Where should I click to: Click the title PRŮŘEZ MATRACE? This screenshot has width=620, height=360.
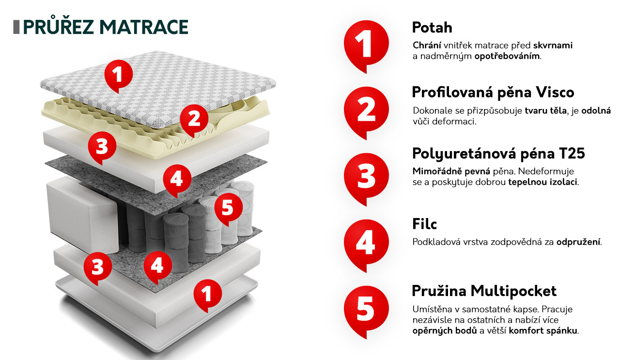pos(106,27)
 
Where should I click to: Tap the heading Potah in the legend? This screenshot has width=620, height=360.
pos(432,28)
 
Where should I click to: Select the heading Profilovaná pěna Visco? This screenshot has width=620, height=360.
pos(493,93)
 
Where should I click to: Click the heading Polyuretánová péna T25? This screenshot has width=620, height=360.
pos(498,154)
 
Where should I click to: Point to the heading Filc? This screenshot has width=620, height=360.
pos(424,224)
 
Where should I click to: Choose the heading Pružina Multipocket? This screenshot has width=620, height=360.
pos(484,291)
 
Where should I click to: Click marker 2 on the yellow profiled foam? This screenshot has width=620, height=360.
pos(194,121)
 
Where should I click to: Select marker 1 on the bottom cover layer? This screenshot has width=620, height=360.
pos(208,296)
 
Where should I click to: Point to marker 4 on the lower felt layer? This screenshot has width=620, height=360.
pos(158,267)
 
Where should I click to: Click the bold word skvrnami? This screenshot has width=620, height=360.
pos(553,45)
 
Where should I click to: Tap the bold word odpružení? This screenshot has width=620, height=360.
pos(578,242)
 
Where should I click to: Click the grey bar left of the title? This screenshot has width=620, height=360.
pos(16,27)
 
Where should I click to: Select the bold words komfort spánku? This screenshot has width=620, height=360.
pos(543,330)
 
